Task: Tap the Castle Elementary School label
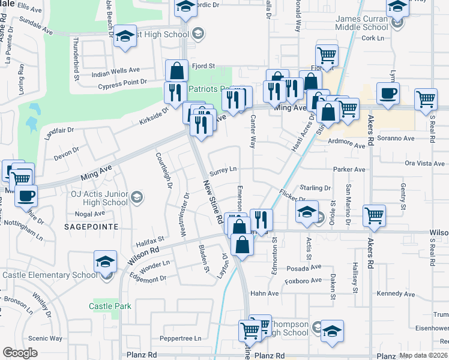[49, 275]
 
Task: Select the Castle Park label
[110, 306]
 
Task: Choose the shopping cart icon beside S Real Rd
[426, 100]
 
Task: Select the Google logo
[20, 353]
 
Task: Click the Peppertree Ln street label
[181, 338]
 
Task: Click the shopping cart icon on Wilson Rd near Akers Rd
[375, 216]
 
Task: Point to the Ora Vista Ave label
[424, 163]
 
